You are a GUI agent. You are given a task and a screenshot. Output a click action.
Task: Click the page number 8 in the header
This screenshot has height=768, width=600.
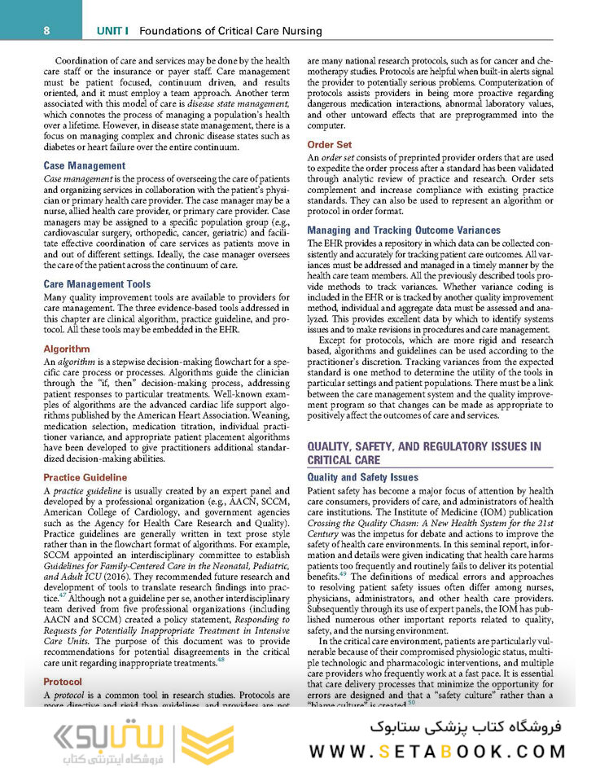[47, 31]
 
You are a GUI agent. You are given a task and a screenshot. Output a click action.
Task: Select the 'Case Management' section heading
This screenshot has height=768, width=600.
[85, 166]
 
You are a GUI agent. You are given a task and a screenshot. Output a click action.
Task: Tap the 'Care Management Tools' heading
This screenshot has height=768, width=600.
[97, 284]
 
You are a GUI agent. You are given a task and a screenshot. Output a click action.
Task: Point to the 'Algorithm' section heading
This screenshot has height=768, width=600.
[67, 349]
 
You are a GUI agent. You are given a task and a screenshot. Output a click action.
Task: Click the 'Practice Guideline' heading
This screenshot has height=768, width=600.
[85, 477]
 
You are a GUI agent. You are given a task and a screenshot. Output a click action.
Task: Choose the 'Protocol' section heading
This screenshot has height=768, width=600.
[64, 681]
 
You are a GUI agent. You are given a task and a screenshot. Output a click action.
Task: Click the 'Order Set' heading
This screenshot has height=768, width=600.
[330, 145]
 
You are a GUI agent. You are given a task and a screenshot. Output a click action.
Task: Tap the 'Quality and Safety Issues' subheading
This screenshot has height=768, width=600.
[362, 477]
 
